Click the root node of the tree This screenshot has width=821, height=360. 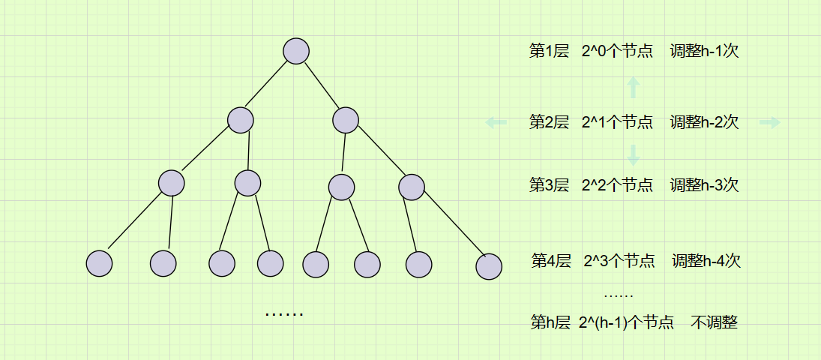[296, 51]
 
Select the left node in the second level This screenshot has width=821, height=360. [241, 120]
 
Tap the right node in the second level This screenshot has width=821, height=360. [346, 120]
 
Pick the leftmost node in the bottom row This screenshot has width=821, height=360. [99, 263]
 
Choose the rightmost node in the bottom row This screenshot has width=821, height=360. [489, 266]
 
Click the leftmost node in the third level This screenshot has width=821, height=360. [172, 184]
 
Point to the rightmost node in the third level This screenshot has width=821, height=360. [411, 187]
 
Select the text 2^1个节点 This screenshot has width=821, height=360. [616, 121]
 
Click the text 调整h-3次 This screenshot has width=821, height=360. [704, 184]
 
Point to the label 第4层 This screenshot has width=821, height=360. [551, 261]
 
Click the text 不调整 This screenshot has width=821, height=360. [715, 322]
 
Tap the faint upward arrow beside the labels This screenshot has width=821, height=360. [634, 88]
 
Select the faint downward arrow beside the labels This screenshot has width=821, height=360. [634, 154]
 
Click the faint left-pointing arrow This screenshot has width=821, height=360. [496, 122]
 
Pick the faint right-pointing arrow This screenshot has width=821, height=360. [770, 122]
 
